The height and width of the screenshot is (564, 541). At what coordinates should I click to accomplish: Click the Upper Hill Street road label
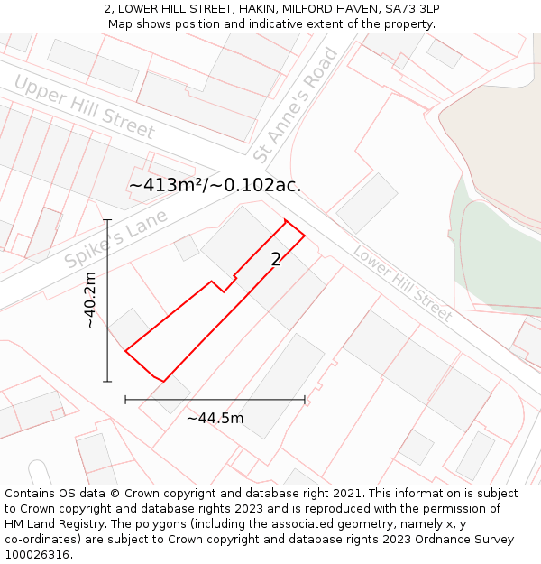click(85, 106)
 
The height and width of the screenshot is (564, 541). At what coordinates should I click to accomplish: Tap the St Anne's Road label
click(296, 106)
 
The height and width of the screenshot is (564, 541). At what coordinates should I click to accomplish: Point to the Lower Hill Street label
click(402, 283)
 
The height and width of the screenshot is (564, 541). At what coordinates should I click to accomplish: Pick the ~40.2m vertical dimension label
click(90, 301)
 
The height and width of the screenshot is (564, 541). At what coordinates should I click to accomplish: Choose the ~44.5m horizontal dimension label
click(215, 418)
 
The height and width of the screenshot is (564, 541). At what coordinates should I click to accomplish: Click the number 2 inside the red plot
click(276, 260)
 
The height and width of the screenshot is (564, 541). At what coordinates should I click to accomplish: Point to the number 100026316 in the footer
click(39, 555)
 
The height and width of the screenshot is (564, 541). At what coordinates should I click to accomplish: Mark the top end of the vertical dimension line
click(107, 219)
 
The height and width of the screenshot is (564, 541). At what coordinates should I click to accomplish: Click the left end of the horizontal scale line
click(125, 399)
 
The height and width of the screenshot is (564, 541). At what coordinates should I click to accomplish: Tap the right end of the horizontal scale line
click(305, 399)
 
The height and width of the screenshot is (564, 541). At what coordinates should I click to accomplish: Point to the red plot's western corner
click(125, 350)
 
